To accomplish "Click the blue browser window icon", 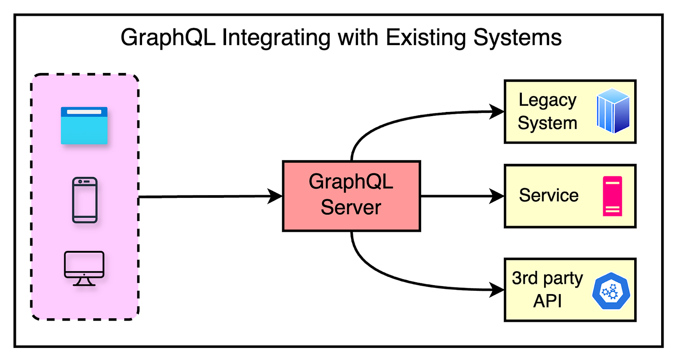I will (x=84, y=125).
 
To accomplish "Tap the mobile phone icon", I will (x=84, y=200).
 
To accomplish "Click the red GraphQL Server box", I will (x=351, y=196).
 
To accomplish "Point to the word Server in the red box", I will (x=351, y=207).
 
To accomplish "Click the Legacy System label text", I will (x=547, y=111).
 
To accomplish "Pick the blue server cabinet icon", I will (x=613, y=111).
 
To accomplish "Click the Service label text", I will (x=548, y=195).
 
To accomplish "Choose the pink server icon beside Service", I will (x=612, y=196).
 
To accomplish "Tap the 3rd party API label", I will (x=547, y=289).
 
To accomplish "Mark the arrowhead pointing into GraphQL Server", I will (x=276, y=196).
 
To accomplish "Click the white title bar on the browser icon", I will (x=84, y=112).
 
